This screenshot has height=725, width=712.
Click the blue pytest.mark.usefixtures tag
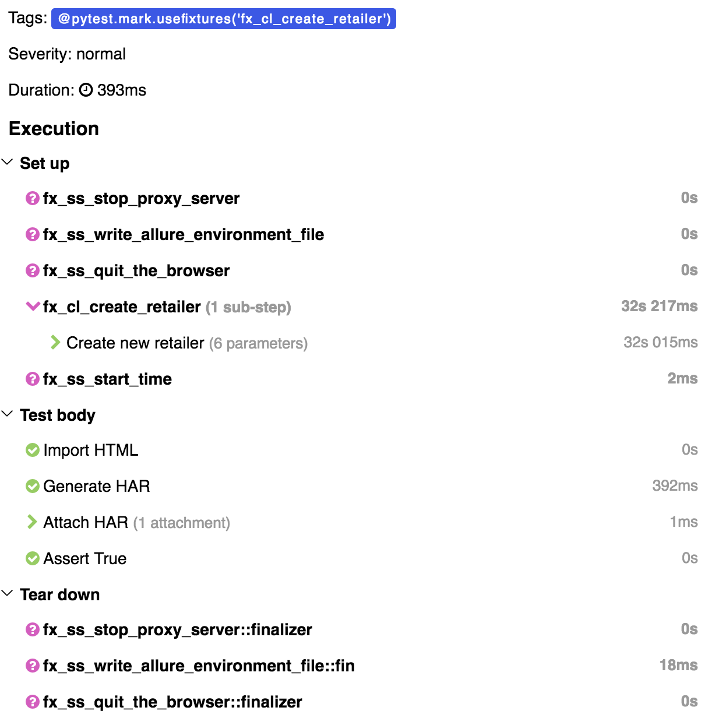224,19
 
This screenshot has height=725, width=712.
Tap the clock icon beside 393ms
86,90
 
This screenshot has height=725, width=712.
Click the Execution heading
54,129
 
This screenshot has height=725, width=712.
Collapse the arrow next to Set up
8,162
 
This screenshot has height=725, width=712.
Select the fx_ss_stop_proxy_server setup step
141,199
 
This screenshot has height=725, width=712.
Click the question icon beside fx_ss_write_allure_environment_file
33,234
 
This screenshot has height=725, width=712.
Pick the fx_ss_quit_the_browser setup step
136,271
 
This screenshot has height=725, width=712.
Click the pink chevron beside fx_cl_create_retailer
33,306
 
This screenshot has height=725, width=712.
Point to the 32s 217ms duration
659,306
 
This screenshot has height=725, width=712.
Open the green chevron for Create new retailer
55,342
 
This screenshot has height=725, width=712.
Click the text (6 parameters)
258,343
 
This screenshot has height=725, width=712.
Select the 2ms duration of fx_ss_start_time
682,378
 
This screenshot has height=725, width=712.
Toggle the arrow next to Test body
8,414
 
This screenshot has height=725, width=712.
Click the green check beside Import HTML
33,450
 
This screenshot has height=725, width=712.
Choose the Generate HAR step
97,486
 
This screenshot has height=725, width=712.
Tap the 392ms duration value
675,485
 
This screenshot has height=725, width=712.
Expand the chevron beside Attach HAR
32,522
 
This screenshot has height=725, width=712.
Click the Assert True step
85,558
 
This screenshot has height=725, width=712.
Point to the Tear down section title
60,594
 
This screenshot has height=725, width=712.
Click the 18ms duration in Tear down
678,665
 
